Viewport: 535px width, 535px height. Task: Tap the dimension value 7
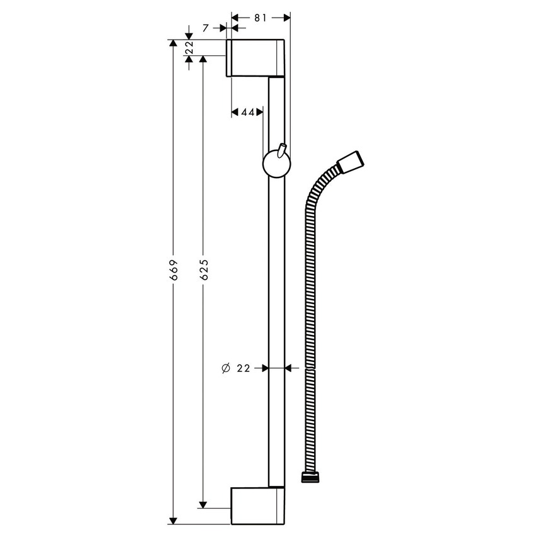[206, 28]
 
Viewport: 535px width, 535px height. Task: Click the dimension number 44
[248, 112]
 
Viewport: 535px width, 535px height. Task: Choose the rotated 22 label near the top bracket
[189, 48]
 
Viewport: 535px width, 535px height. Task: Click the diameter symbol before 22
[226, 369]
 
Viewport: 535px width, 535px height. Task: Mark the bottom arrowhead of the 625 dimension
[203, 504]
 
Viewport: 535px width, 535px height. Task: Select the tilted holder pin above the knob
[281, 150]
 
